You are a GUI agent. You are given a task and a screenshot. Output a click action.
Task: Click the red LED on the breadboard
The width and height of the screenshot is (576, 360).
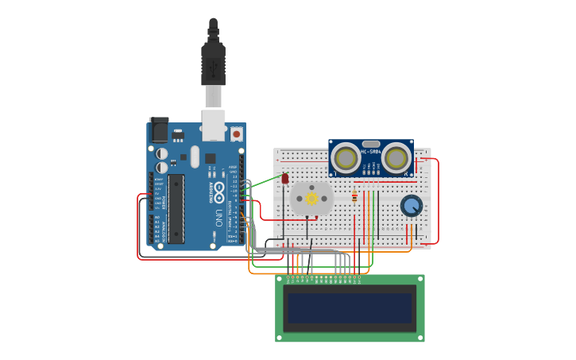click(285, 179)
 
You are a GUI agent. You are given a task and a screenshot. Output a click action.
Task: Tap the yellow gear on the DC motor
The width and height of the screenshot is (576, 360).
click(312, 198)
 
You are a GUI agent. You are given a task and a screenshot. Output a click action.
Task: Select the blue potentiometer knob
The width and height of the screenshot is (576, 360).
click(411, 207)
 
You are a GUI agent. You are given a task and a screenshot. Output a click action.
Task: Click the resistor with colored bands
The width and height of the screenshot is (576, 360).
click(354, 197)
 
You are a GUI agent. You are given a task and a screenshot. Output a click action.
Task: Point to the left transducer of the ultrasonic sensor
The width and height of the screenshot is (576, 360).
click(346, 158)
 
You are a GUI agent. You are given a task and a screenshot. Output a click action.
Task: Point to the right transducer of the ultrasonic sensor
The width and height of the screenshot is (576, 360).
click(396, 158)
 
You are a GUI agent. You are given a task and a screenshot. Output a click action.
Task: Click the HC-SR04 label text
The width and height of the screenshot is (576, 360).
click(371, 151)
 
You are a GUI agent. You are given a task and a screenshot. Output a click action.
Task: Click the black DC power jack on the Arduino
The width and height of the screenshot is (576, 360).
click(159, 130)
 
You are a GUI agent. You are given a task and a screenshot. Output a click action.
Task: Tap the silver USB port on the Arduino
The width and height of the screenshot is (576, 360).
click(214, 125)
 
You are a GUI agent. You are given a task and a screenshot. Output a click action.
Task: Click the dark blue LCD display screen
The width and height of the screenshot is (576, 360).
click(350, 308)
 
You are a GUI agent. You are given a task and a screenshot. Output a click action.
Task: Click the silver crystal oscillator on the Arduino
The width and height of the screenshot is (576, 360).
click(195, 156)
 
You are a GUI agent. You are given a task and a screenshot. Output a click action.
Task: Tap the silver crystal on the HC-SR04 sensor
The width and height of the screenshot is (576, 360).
click(371, 144)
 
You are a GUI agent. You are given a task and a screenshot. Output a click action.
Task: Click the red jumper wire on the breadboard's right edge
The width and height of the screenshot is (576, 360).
click(436, 199)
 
